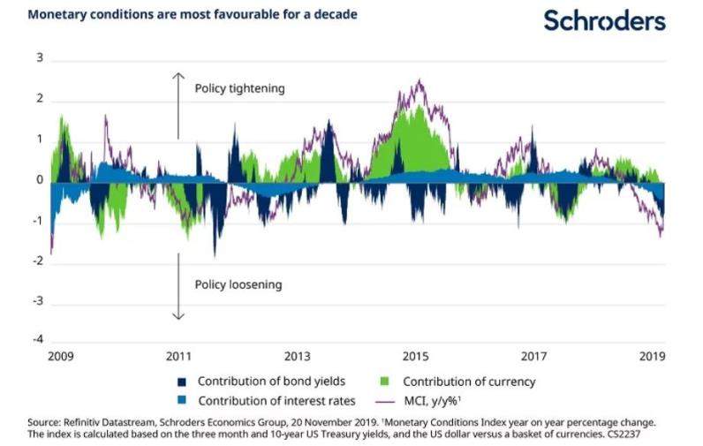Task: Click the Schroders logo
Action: (x=604, y=20)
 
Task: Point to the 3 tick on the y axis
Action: (x=40, y=58)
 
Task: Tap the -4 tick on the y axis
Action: (x=38, y=339)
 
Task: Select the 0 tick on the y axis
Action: (x=40, y=180)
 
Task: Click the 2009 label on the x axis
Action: (x=60, y=356)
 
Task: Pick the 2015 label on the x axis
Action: (x=415, y=356)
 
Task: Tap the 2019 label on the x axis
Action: (x=652, y=356)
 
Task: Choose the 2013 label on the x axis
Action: (x=297, y=356)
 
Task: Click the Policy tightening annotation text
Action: (x=240, y=89)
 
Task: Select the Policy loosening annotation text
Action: (x=238, y=284)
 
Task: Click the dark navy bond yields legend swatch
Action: (x=182, y=382)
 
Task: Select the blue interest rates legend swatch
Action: (x=182, y=400)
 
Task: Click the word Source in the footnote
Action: (x=45, y=422)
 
